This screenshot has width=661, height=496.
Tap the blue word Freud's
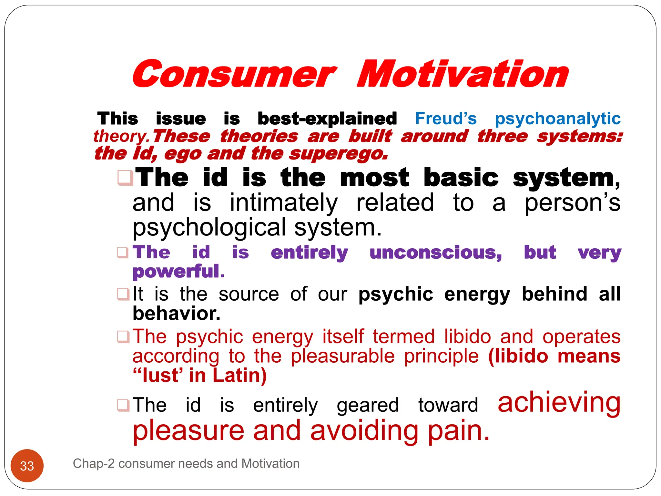(x=445, y=119)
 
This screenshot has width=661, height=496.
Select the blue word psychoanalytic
(x=557, y=119)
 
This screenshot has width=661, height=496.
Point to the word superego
(x=338, y=154)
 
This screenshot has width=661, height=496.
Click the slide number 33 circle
(x=27, y=465)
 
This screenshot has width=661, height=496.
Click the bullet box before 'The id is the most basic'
(x=125, y=178)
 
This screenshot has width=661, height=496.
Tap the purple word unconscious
(x=435, y=252)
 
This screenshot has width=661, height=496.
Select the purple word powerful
(x=178, y=271)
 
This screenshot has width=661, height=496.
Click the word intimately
(x=283, y=203)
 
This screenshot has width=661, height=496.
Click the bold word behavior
(x=176, y=313)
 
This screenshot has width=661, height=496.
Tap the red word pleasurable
(x=342, y=356)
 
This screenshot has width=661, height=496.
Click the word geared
(x=368, y=406)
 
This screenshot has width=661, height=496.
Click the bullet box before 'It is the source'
(x=123, y=294)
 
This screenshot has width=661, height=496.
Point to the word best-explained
(x=327, y=119)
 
